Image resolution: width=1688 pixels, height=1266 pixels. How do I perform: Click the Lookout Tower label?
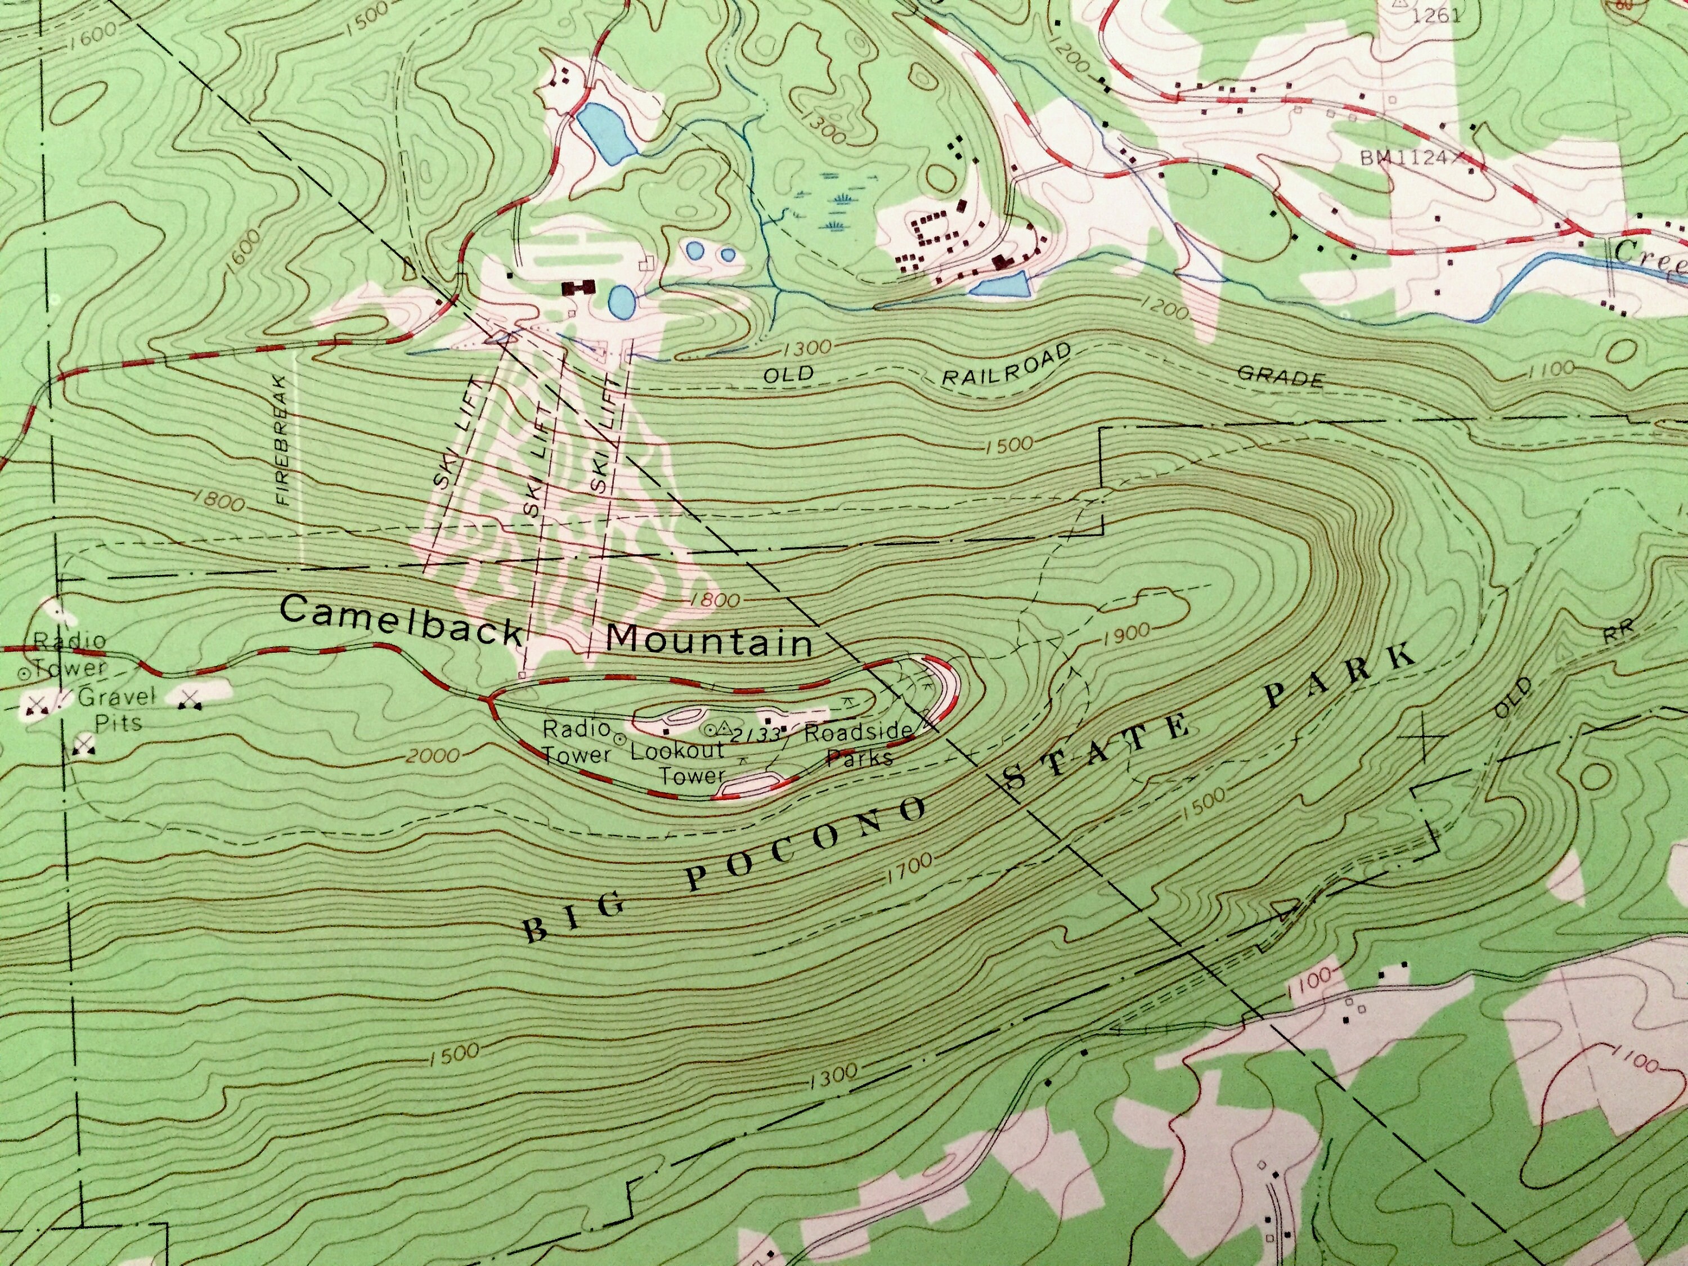pyautogui.click(x=677, y=762)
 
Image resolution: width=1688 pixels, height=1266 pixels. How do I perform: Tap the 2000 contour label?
pyautogui.click(x=433, y=756)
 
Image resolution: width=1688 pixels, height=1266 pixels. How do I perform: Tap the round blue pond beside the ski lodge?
pyautogui.click(x=621, y=302)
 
